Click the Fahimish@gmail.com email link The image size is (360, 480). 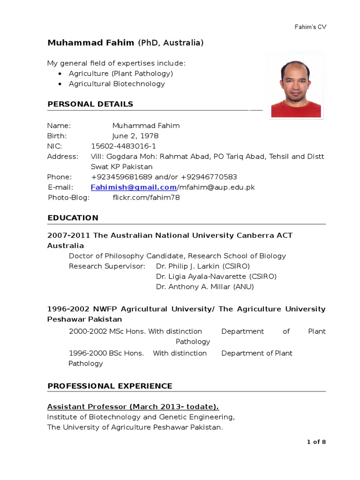click(134, 187)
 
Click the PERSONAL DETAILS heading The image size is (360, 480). click(90, 104)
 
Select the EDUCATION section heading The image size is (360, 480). click(73, 218)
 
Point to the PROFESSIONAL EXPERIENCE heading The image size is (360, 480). click(110, 386)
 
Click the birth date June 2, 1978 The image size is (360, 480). click(135, 136)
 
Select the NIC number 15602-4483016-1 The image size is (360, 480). click(123, 146)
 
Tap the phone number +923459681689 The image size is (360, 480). click(122, 177)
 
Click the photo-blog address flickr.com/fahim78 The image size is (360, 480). click(146, 198)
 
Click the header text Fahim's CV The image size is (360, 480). click(307, 27)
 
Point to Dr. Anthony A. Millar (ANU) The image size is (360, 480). click(205, 287)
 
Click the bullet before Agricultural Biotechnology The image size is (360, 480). click(60, 84)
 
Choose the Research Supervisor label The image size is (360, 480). click(107, 266)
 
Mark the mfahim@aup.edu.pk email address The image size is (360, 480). click(217, 187)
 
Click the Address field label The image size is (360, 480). click(62, 157)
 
